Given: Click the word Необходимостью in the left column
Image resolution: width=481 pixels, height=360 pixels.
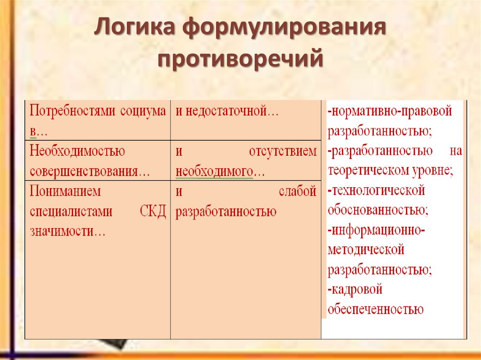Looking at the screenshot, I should tap(77, 151).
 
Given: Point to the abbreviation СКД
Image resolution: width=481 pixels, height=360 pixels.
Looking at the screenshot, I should tap(153, 211).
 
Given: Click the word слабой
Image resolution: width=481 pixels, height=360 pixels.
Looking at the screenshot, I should tap(297, 191).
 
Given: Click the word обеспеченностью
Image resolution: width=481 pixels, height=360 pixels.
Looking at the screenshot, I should tap(375, 309).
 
